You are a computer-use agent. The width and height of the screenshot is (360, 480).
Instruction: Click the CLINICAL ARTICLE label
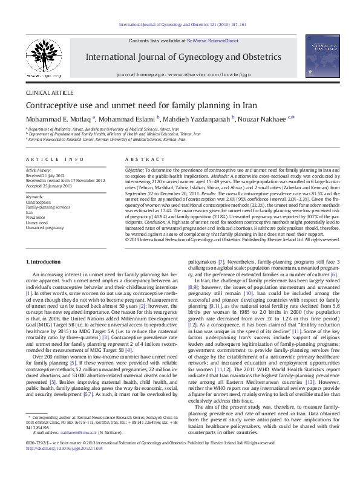[x=48, y=94]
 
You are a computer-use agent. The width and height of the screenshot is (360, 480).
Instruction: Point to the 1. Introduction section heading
[x=45, y=261]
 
